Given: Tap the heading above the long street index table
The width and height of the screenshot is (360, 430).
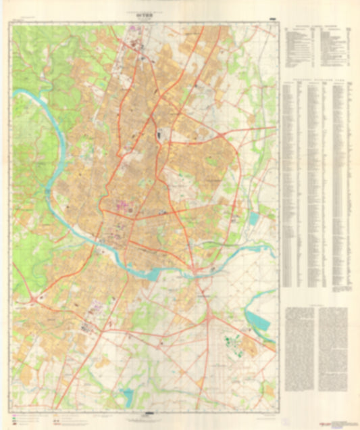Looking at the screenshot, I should [315, 80].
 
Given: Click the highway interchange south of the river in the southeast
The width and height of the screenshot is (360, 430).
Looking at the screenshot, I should [211, 314].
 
